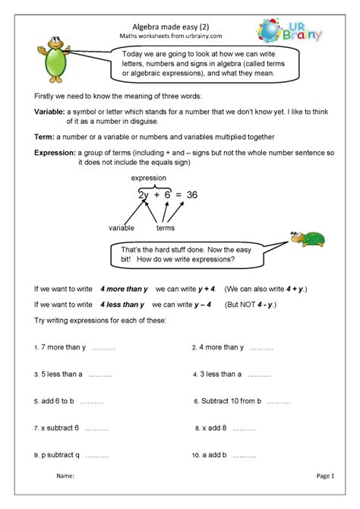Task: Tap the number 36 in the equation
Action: click(x=191, y=194)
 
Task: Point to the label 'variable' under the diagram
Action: click(x=122, y=227)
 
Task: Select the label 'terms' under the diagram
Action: click(x=166, y=227)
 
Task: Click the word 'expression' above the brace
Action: click(x=149, y=177)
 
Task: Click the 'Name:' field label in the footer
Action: click(x=65, y=476)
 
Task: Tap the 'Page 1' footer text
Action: click(x=325, y=476)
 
